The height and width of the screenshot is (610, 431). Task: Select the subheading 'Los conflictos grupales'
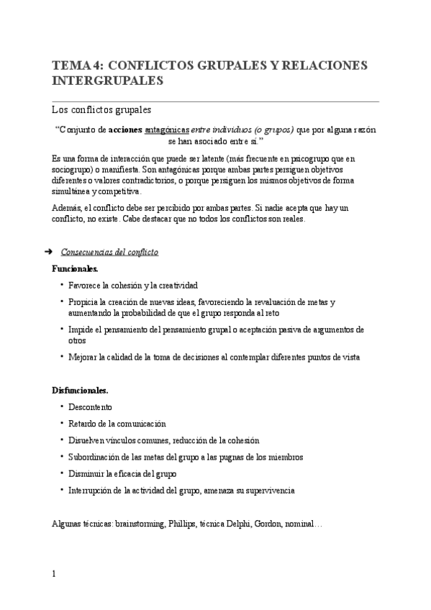click(101, 111)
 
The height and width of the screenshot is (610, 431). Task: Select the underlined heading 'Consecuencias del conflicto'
click(110, 252)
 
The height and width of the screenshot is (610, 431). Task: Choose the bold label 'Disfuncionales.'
click(80, 390)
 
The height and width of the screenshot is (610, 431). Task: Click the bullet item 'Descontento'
click(90, 407)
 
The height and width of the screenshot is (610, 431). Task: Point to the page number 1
click(54, 573)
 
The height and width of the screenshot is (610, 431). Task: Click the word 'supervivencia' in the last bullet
click(267, 491)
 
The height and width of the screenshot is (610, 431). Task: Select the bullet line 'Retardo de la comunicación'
click(117, 424)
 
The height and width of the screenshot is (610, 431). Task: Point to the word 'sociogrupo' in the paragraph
click(75, 170)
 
